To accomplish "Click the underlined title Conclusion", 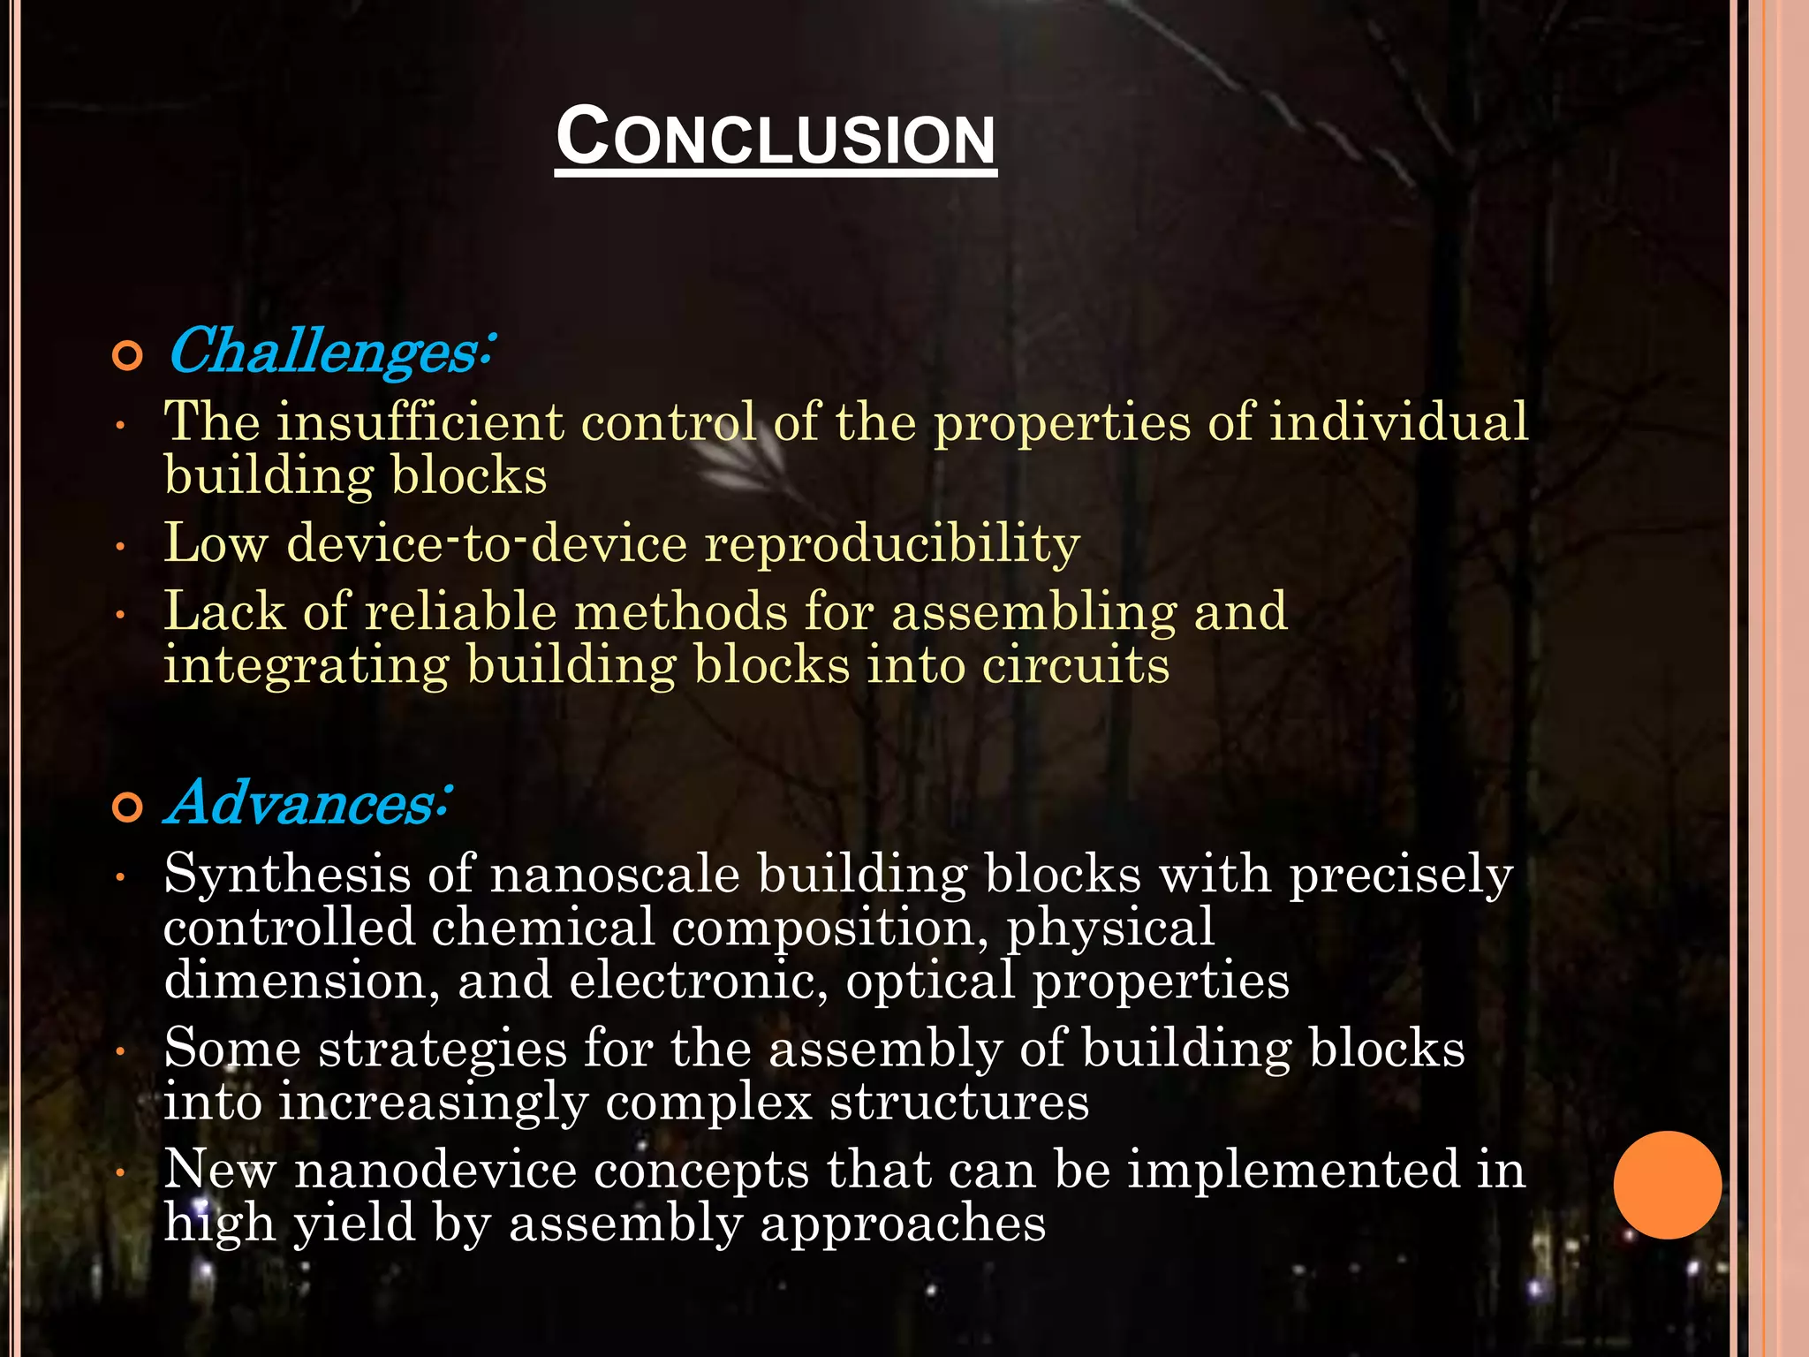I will pos(776,137).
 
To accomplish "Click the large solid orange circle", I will pos(1667,1185).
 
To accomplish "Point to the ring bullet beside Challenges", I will pos(127,356).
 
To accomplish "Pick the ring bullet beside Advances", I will pos(127,807).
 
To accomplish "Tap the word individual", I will pos(1399,421).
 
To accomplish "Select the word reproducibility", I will pos(893,542).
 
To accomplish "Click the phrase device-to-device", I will pos(488,542).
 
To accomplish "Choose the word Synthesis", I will pos(287,875).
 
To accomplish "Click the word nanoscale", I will pos(615,875).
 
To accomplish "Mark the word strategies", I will pos(443,1050).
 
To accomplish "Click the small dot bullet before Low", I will pos(121,548).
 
